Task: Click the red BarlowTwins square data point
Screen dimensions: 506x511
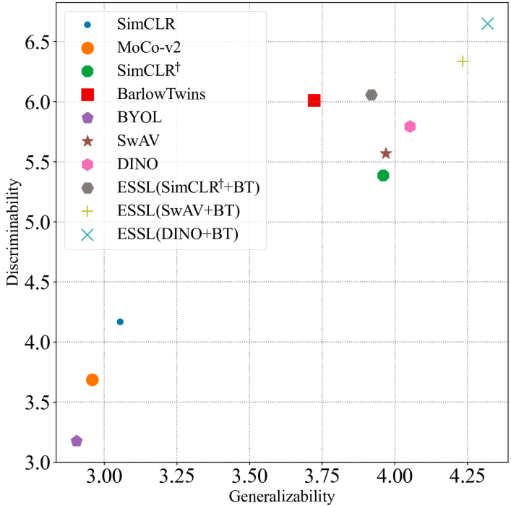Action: (314, 100)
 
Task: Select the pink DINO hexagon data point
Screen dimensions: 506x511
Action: (410, 126)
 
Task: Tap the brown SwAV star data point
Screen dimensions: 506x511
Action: (386, 153)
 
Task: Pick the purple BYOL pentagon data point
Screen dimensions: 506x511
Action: (77, 441)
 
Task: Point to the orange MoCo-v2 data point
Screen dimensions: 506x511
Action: (92, 379)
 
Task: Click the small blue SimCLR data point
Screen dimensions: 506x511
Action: (120, 322)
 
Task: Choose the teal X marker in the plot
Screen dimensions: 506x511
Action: (487, 24)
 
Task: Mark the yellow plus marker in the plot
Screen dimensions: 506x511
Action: (463, 61)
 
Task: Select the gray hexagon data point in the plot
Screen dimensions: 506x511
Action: (372, 95)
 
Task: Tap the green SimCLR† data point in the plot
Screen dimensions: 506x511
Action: (383, 176)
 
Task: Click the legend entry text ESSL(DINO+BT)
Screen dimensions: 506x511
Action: (177, 234)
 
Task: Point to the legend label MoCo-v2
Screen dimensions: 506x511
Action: (148, 48)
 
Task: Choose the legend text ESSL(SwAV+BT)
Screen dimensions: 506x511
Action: (178, 211)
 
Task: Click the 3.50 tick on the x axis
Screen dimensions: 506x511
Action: (249, 478)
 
